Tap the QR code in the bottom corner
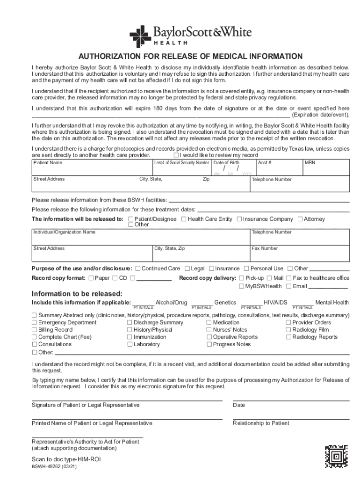click(x=336, y=456)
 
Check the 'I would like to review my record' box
click(x=176, y=155)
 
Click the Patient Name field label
click(x=48, y=163)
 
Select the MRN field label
click(x=310, y=163)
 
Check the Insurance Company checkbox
click(x=239, y=219)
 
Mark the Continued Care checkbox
click(x=137, y=269)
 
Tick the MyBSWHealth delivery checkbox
click(x=241, y=286)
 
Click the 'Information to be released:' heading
click(x=77, y=294)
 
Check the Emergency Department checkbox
click(x=34, y=323)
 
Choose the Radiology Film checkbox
click(x=288, y=330)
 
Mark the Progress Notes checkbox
click(x=209, y=344)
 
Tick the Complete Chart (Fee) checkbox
click(x=34, y=337)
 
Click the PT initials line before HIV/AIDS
click(x=251, y=304)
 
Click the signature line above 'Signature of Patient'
click(x=126, y=400)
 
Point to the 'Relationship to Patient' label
click(x=261, y=423)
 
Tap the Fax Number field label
click(x=265, y=248)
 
